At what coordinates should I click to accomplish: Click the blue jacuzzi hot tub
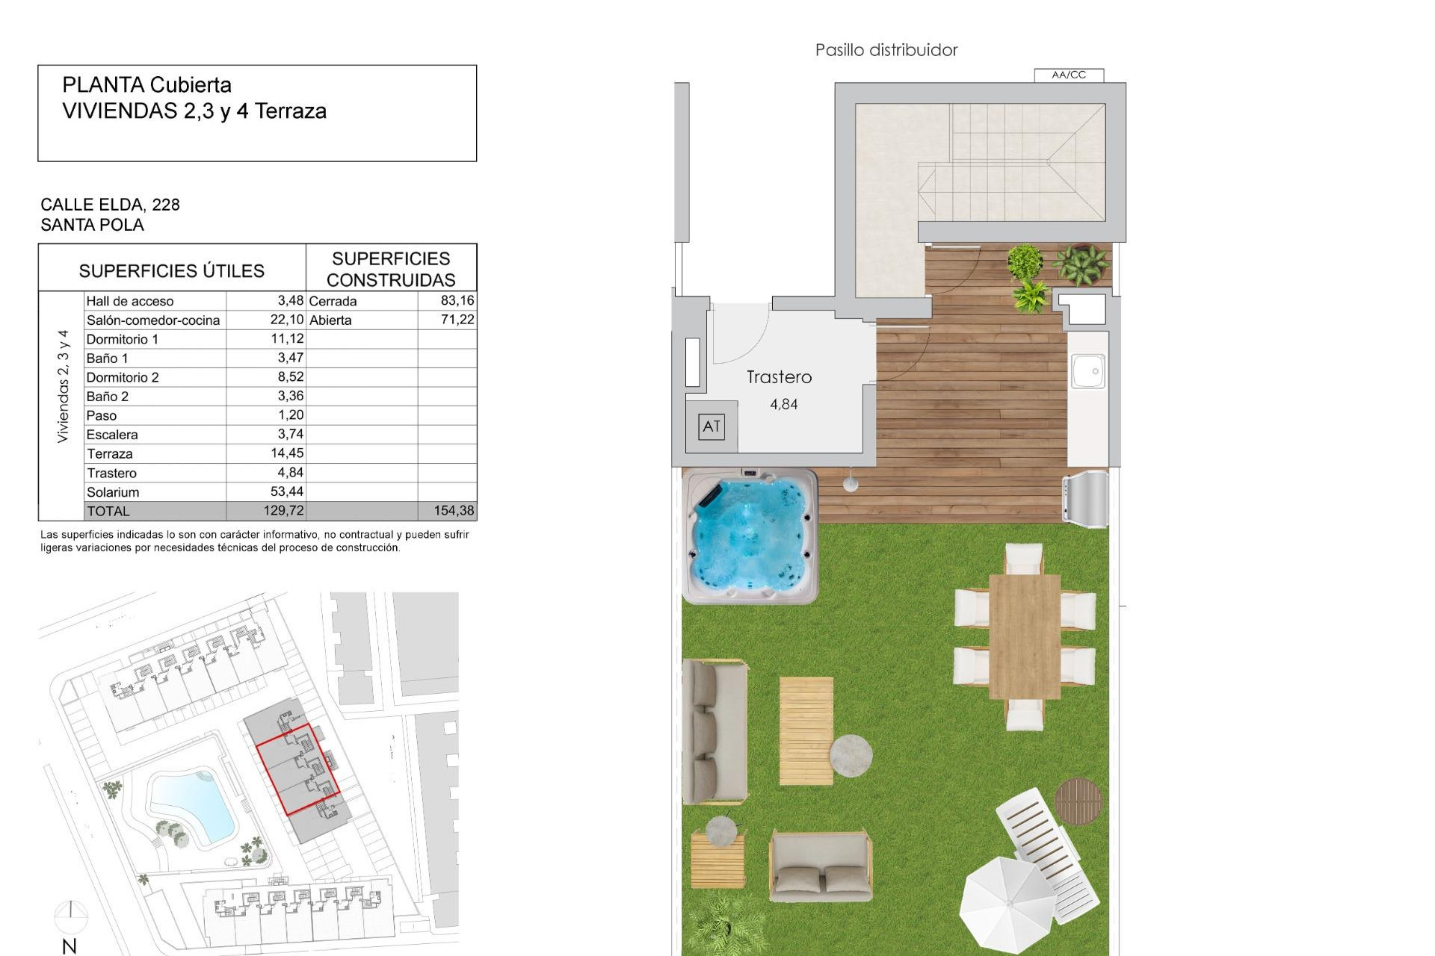tap(750, 536)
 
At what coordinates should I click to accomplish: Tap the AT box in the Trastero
tap(712, 426)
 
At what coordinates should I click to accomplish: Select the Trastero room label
tap(779, 377)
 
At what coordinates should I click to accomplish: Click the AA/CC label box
tap(1069, 75)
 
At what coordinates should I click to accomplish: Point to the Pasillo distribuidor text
tap(886, 50)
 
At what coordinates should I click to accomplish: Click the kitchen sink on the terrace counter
tap(1088, 370)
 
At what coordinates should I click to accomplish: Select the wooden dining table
tap(1024, 636)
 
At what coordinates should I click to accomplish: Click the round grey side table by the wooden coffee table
tap(851, 755)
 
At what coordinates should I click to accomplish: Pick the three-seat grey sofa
tap(715, 731)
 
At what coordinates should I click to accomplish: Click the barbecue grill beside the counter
tap(1085, 494)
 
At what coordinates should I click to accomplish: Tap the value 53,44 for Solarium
tap(287, 491)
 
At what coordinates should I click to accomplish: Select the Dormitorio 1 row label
tap(123, 339)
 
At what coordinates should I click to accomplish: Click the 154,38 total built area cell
tap(454, 511)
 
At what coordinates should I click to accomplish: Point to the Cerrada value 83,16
tap(457, 300)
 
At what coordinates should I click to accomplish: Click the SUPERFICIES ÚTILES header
tap(172, 270)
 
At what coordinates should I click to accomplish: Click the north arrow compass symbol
tap(70, 915)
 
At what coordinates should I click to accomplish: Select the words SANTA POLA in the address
tap(93, 225)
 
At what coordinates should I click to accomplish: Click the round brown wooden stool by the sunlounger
tap(1078, 801)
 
